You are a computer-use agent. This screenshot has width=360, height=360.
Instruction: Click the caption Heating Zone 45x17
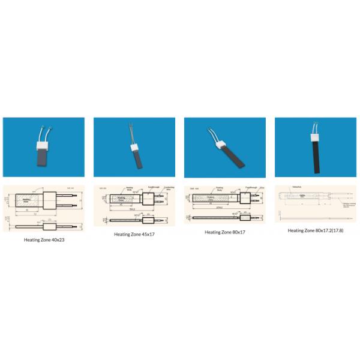tap(134, 235)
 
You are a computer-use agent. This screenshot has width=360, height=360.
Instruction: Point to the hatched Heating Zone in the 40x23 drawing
tap(27, 200)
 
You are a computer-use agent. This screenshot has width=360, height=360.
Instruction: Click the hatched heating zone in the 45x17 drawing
tap(122, 198)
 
